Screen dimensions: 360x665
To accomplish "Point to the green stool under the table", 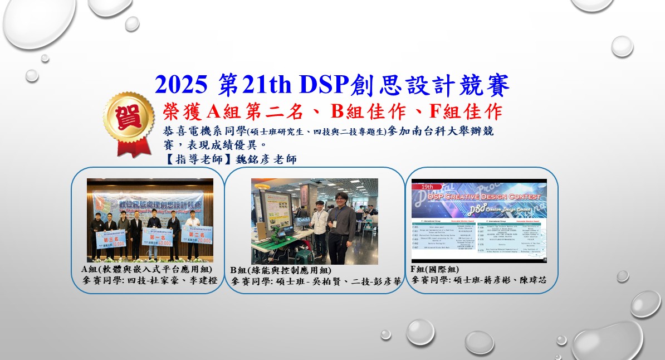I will tap(304, 256).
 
